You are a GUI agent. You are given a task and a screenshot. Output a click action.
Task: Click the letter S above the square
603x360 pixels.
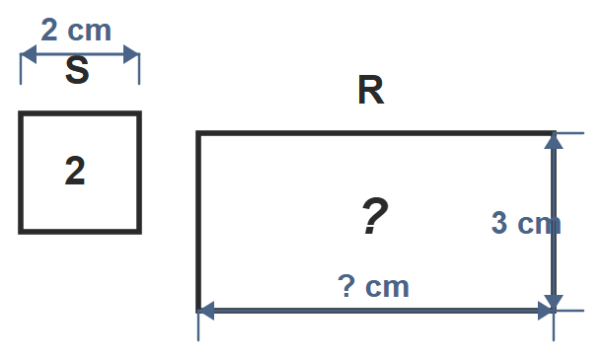(x=77, y=70)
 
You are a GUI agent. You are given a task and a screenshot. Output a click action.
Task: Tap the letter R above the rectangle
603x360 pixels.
(x=371, y=90)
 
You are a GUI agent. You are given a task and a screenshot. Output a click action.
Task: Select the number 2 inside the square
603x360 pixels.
(x=75, y=171)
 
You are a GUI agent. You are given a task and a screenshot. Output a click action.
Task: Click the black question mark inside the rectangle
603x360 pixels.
(x=375, y=216)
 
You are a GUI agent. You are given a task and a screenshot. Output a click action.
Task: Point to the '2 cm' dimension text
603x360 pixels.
(x=76, y=30)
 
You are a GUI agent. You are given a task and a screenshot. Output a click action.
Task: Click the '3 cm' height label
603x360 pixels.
(x=526, y=223)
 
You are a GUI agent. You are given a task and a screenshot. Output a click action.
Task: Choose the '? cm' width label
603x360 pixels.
(x=373, y=286)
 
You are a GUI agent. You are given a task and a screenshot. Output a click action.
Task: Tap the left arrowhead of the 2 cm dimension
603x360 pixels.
(x=29, y=54)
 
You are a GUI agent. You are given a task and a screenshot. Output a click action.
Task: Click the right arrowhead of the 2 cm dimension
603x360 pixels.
(x=131, y=54)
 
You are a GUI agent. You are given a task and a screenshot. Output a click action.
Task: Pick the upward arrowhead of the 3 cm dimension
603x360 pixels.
(x=554, y=141)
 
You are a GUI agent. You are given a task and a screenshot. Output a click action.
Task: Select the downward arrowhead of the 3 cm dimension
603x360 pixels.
(x=554, y=303)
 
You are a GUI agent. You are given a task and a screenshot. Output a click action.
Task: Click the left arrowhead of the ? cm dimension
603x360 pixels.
(x=206, y=311)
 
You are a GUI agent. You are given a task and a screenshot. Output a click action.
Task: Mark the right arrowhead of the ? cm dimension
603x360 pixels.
(x=546, y=311)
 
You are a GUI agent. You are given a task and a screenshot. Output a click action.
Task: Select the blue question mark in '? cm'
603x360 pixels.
(x=346, y=286)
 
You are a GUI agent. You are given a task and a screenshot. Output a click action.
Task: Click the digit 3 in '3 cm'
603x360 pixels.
(x=499, y=223)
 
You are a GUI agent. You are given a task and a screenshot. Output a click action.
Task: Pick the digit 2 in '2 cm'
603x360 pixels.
(x=49, y=30)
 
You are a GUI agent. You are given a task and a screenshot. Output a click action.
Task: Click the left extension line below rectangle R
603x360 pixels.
(x=198, y=325)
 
